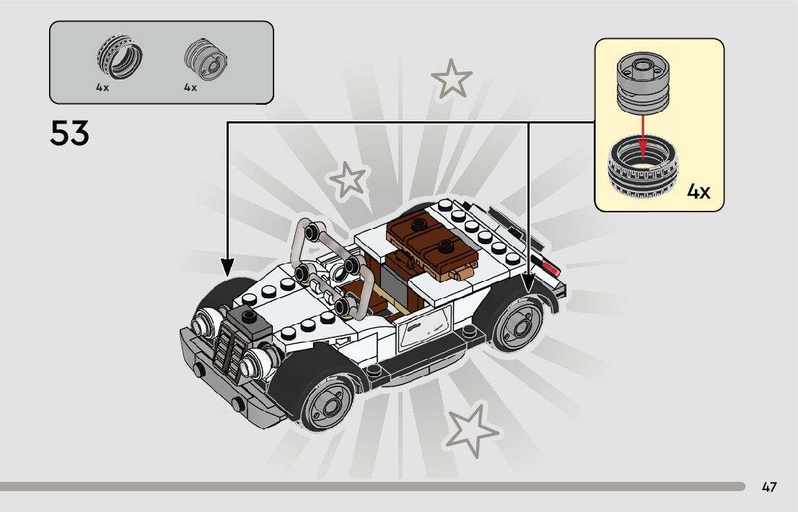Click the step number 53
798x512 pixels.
pyautogui.click(x=69, y=134)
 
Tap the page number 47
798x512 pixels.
pyautogui.click(x=769, y=487)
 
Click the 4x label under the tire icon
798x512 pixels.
pyautogui.click(x=102, y=87)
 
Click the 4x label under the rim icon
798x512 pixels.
pyautogui.click(x=190, y=87)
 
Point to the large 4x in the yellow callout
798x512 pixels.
pyautogui.click(x=698, y=192)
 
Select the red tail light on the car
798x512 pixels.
pyautogui.click(x=551, y=269)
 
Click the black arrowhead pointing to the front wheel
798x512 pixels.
pyautogui.click(x=228, y=268)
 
